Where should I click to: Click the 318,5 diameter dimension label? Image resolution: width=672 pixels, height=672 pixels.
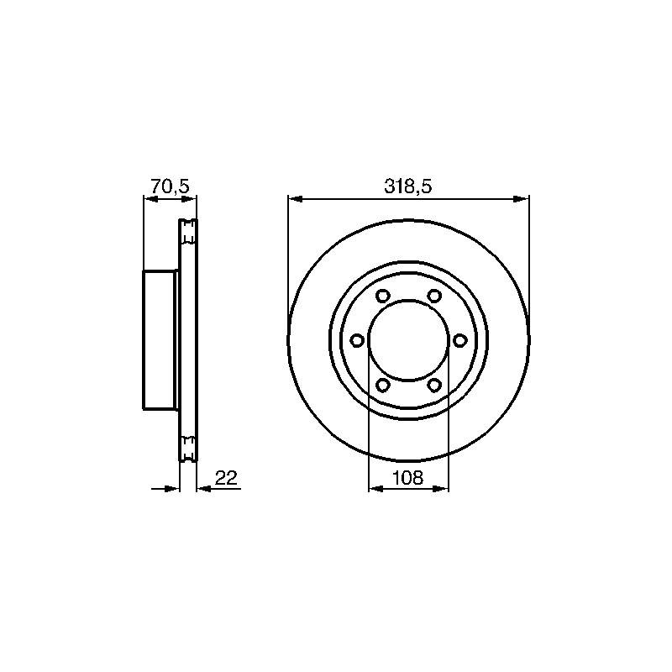407,186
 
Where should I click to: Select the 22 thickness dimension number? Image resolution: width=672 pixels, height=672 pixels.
226,477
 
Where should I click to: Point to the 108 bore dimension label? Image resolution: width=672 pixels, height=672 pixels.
408,477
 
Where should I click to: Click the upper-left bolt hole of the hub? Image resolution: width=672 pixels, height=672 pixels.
383,296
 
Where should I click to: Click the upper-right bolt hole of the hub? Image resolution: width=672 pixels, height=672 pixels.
434,296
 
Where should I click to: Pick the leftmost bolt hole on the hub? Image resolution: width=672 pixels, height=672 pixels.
357,341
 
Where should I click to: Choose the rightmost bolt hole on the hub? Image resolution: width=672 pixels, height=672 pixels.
459,341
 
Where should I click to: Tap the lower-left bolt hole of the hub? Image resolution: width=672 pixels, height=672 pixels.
383,386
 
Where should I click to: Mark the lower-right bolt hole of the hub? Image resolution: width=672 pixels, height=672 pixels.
434,386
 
